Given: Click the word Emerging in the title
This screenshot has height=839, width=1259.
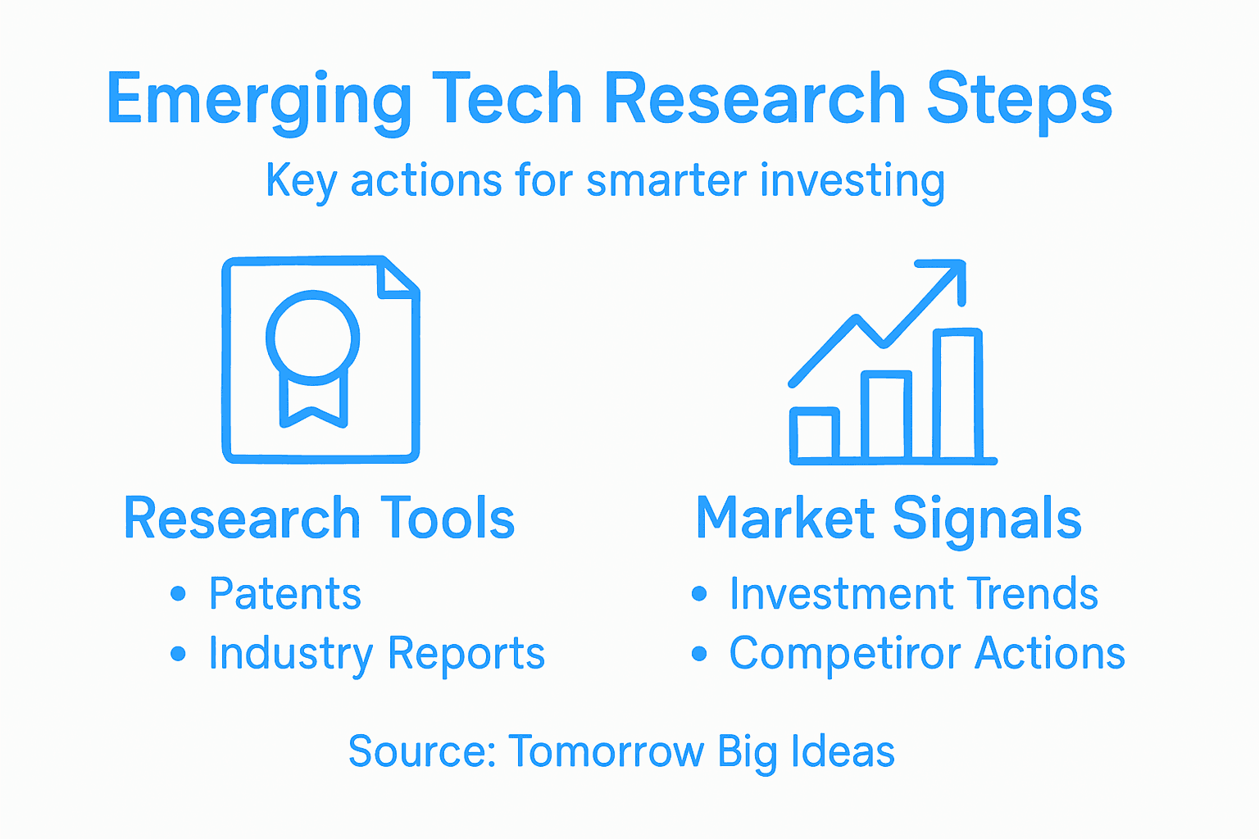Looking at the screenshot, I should [x=258, y=100].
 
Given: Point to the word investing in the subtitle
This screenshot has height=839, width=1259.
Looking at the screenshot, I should [x=852, y=181].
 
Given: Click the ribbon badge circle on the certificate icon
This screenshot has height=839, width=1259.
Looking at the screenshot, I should [x=312, y=337].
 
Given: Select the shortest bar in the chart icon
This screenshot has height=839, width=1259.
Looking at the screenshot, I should [x=814, y=433].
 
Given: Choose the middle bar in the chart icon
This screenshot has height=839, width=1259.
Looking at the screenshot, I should [x=886, y=415].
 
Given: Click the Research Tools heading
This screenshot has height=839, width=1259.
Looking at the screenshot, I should [x=319, y=519].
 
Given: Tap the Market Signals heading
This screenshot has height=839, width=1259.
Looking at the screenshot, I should [x=889, y=519].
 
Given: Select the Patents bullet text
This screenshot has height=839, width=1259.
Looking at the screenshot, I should [x=284, y=594].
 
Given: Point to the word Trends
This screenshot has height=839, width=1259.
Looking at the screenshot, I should [x=1032, y=594].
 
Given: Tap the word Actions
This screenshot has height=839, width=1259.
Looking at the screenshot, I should [x=1050, y=654].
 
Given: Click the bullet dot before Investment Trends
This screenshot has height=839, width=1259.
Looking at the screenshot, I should [x=699, y=594].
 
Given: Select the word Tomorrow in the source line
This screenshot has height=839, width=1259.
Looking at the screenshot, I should [x=606, y=751].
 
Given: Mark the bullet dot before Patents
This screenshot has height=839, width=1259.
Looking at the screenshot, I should [x=178, y=594].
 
